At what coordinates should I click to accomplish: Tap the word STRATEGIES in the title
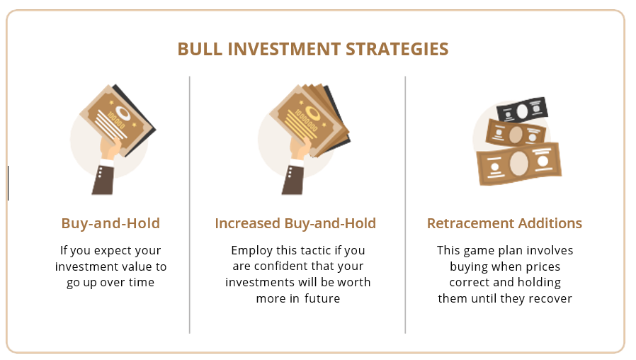coord(397,49)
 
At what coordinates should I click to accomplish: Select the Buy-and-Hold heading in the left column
coord(110,223)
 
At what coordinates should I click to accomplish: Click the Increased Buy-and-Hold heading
coord(295,223)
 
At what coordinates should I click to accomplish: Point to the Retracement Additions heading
coord(504,223)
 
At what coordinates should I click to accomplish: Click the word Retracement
coord(470,223)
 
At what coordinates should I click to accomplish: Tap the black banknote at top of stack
coord(522,110)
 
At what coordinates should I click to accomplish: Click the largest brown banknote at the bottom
coord(518,164)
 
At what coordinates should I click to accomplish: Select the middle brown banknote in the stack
coord(516,133)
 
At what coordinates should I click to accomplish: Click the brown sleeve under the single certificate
coord(103,180)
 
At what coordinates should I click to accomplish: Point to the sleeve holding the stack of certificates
coord(293,180)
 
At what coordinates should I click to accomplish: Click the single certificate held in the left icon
coord(118,119)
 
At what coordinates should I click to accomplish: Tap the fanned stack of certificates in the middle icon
coord(310,120)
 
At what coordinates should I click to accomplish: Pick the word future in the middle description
coord(322,298)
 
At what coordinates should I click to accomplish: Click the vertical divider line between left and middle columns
coord(189,205)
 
